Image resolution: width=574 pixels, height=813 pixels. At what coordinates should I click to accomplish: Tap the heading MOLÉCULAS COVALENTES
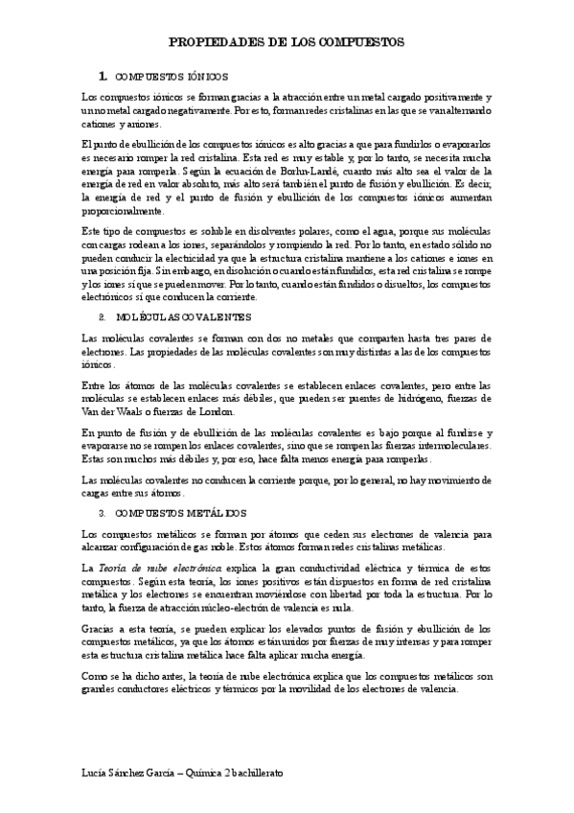pyautogui.click(x=183, y=315)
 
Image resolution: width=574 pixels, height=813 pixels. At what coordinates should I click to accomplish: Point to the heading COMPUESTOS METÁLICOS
pyautogui.click(x=180, y=514)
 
